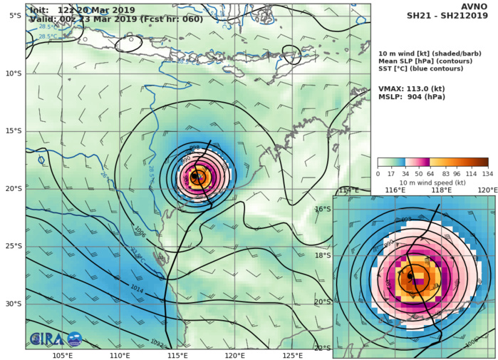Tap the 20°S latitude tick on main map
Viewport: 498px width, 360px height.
[x=13, y=188]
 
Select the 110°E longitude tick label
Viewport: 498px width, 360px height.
[x=120, y=356]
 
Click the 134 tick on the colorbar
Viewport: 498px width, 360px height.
[x=488, y=173]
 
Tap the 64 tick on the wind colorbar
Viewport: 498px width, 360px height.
[x=430, y=173]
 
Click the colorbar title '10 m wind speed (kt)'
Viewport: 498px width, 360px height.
[x=432, y=182]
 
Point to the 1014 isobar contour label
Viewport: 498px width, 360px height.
[x=139, y=289]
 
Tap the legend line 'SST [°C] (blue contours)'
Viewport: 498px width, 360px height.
[x=422, y=72]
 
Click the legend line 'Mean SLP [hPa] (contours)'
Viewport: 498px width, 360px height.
[x=425, y=63]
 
